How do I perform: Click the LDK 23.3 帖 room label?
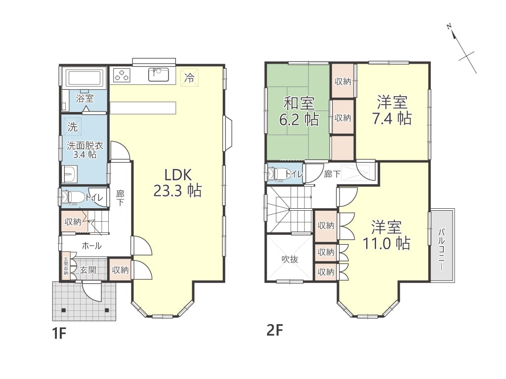pos(177,183)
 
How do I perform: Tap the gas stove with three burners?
pos(122,75)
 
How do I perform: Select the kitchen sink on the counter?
pos(158,75)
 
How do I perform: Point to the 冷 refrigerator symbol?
pos(189,77)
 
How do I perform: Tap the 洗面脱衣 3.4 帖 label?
pos(85,150)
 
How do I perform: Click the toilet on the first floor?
pos(73,197)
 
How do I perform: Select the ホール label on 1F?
pos(91,246)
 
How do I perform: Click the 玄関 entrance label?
pos(88,270)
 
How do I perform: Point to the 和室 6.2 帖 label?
pos(299,112)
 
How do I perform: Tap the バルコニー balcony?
pos(442,246)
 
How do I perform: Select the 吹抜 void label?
pos(290,259)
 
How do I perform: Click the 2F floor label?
pos(275,330)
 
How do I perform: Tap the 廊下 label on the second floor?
pos(332,174)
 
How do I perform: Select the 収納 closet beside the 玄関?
pos(121,270)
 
